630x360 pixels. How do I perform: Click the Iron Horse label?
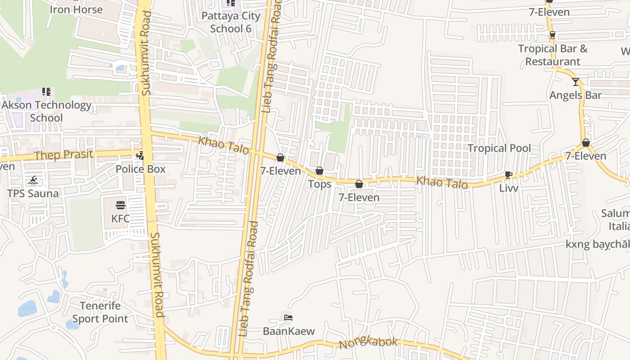click(x=76, y=9)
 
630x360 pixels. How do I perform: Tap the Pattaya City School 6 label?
click(x=231, y=22)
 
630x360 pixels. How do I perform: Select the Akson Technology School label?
click(x=46, y=111)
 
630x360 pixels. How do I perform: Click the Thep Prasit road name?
click(x=64, y=155)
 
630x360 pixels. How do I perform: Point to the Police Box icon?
click(x=140, y=156)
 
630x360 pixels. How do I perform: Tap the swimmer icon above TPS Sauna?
click(x=32, y=181)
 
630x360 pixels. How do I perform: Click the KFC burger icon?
click(x=120, y=205)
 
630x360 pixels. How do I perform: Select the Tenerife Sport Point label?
click(x=100, y=312)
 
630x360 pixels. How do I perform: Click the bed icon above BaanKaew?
click(x=288, y=318)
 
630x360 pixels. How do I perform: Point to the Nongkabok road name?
click(x=368, y=343)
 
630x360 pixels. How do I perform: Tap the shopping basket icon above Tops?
click(x=319, y=171)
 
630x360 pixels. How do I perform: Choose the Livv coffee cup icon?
click(x=508, y=175)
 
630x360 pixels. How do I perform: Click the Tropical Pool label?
click(x=499, y=148)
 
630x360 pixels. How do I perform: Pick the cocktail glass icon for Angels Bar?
click(x=576, y=81)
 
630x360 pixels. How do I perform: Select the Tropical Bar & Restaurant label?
click(x=553, y=55)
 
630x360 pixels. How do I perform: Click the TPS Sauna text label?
click(x=33, y=193)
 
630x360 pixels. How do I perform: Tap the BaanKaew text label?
click(x=288, y=331)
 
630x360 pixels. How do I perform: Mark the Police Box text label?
click(x=140, y=169)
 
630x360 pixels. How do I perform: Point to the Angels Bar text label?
click(x=575, y=95)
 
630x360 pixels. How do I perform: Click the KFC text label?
click(x=120, y=219)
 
